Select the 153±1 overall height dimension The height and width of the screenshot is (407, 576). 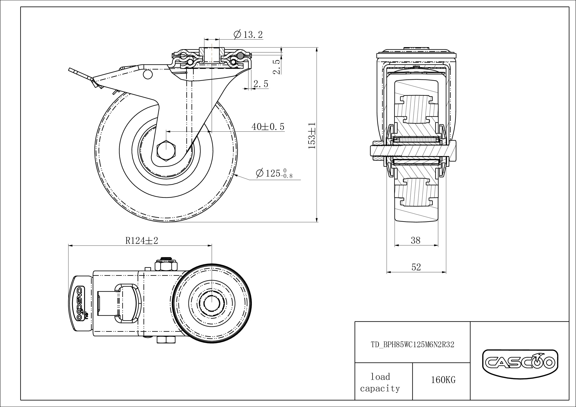tap(312, 136)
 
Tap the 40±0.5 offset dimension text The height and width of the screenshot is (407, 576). tap(268, 127)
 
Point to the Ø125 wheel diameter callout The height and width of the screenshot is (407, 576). tap(274, 173)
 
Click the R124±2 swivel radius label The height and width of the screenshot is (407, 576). tap(142, 241)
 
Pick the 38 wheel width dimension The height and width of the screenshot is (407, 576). tap(416, 240)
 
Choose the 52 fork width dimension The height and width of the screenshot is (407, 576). tap(416, 267)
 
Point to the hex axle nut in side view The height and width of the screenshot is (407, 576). tap(166, 150)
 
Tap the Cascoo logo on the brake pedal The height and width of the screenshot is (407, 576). tap(79, 303)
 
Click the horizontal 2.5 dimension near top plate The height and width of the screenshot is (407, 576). tap(261, 84)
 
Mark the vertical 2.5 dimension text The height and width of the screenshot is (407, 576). tap(276, 67)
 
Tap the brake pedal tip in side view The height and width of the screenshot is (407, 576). tap(71, 70)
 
